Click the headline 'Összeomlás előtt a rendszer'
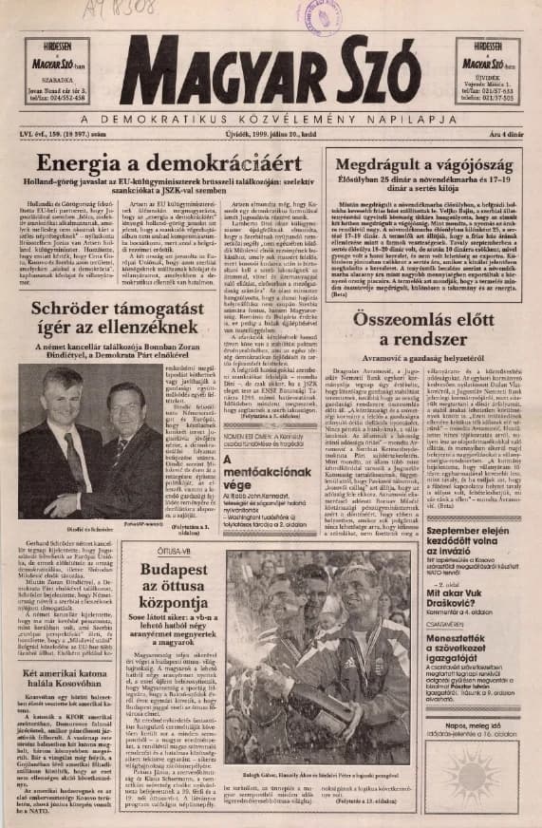[423, 328]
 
